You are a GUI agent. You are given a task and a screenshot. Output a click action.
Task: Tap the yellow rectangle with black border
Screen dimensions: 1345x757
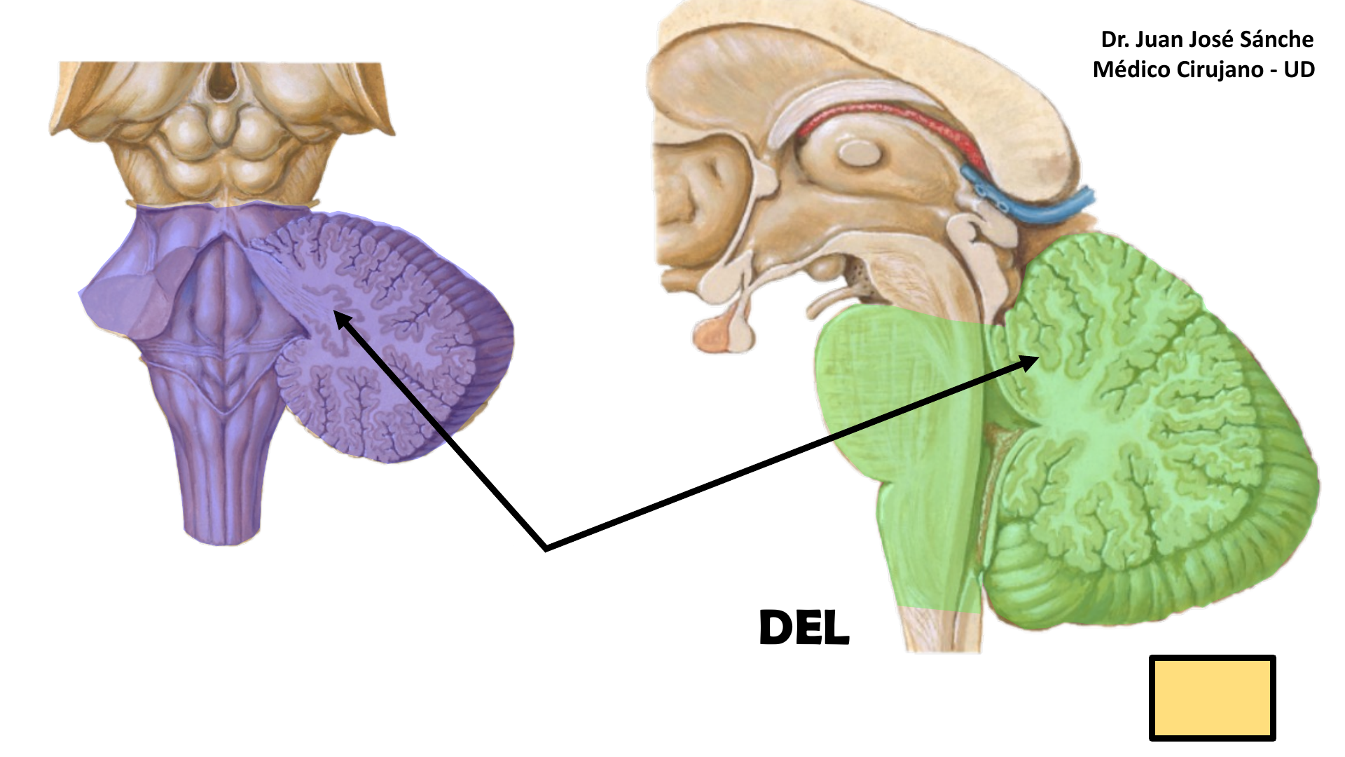(x=1212, y=698)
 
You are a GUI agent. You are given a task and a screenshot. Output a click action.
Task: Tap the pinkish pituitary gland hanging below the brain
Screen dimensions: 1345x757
(x=715, y=334)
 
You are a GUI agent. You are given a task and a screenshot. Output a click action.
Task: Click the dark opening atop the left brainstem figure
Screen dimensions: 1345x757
(x=222, y=81)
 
